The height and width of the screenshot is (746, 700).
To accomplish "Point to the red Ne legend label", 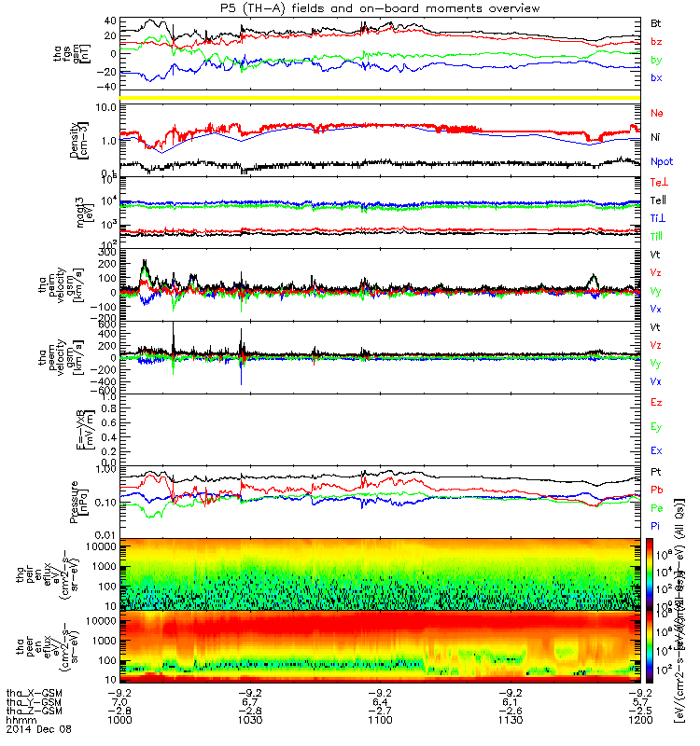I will click(x=657, y=113).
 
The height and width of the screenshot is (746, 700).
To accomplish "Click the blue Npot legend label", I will click(x=661, y=162).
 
